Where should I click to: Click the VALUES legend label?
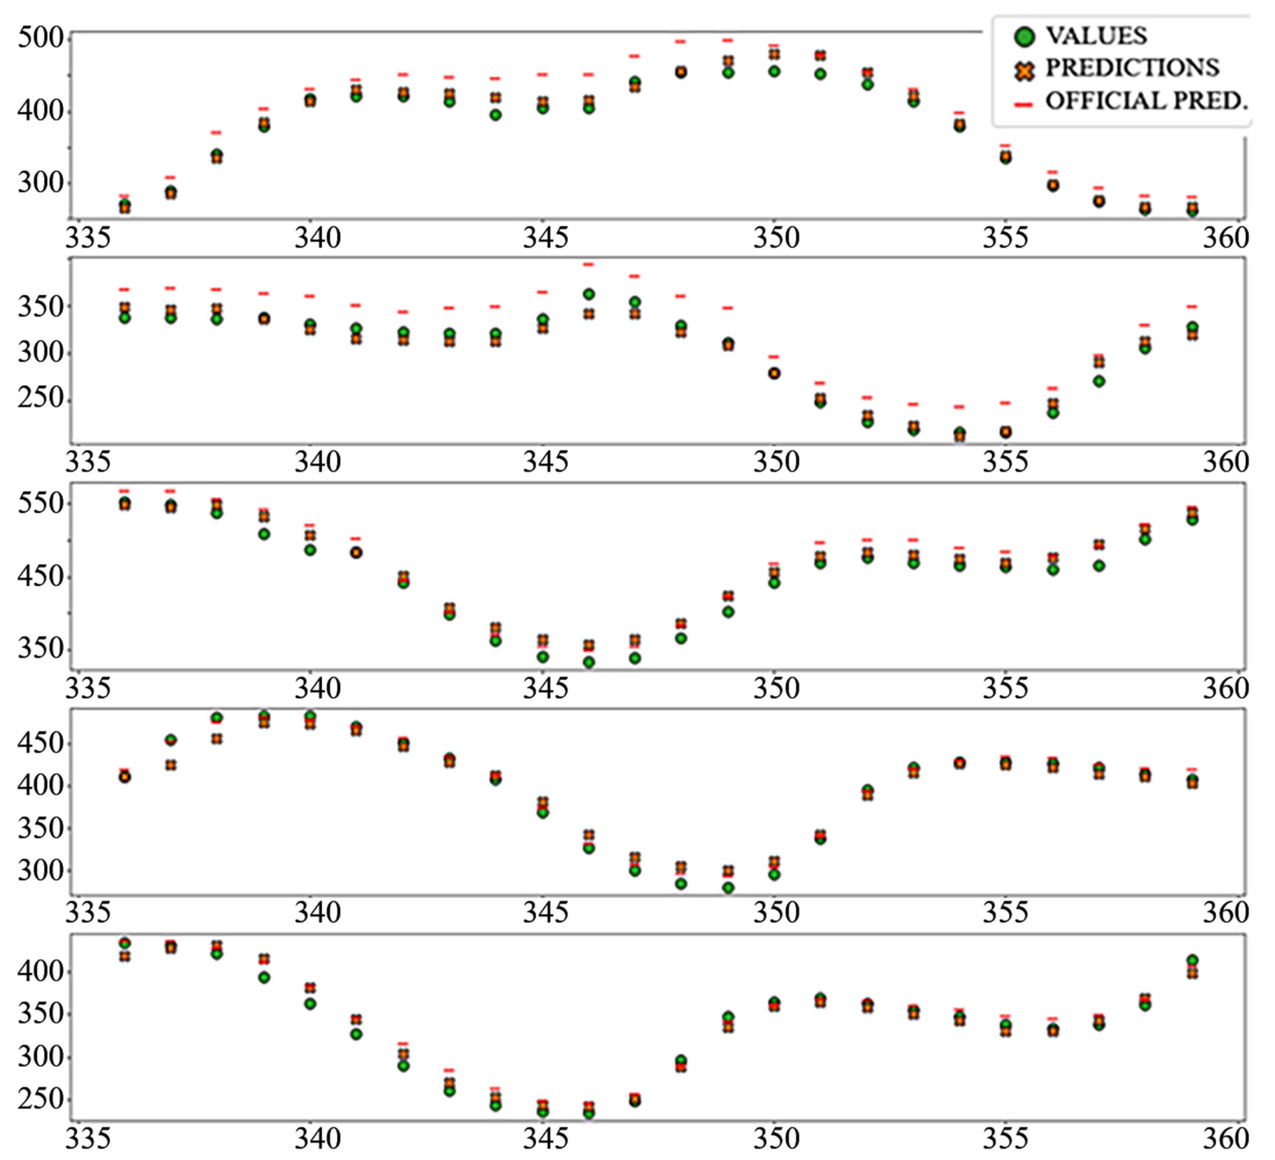[x=1096, y=36]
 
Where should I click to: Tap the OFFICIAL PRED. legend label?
[x=1146, y=101]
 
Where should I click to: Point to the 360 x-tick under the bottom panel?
[x=1225, y=1139]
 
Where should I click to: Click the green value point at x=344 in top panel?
[x=496, y=115]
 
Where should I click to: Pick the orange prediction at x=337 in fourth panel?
[x=171, y=765]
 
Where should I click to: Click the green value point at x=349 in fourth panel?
[x=728, y=888]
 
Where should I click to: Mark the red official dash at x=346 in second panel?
[x=589, y=264]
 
